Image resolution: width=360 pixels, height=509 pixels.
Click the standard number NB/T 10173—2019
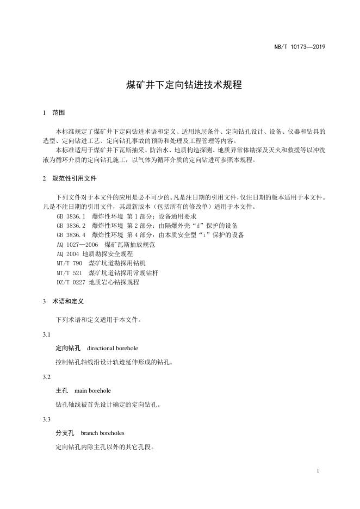(x=299, y=47)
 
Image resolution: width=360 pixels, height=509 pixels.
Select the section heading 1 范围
(x=54, y=113)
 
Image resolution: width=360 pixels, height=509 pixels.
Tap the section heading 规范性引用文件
(x=75, y=178)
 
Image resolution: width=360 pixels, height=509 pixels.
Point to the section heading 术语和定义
(x=67, y=301)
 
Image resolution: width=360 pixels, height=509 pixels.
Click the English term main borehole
(x=92, y=390)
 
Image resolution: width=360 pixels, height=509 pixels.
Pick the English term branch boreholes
(x=102, y=433)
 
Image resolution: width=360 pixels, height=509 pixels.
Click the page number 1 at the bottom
(x=317, y=471)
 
